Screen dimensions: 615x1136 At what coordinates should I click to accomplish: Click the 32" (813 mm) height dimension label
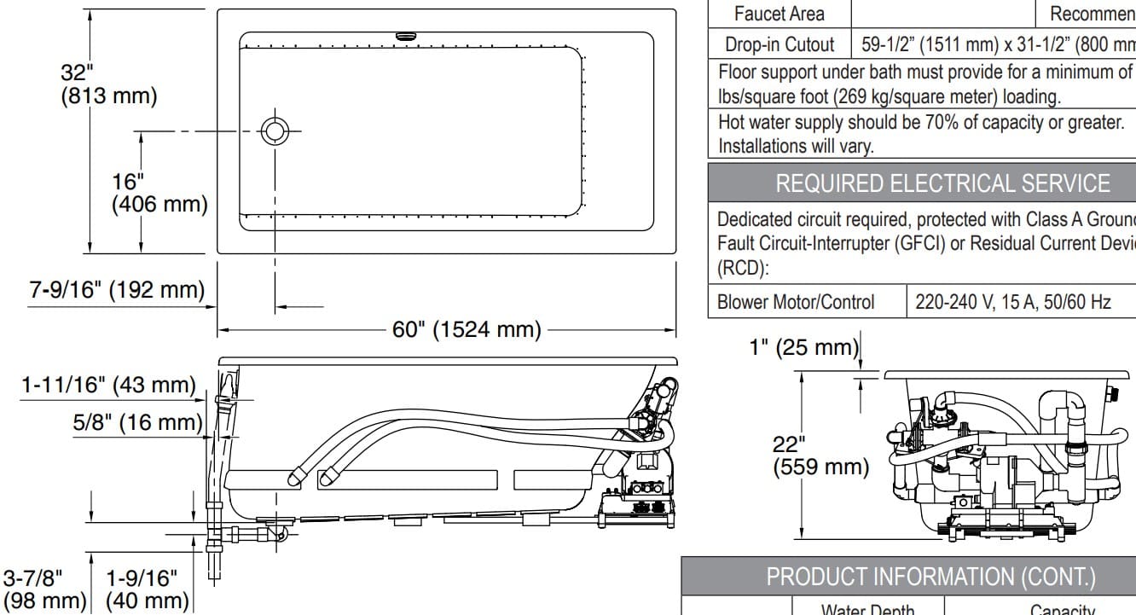(108, 84)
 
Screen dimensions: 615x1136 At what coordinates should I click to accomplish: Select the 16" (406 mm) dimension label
(159, 193)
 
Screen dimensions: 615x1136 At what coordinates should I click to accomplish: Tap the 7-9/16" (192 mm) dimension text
(117, 290)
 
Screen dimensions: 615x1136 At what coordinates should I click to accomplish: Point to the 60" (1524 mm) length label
(467, 329)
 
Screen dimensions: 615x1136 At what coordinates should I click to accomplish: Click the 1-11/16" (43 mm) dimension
(108, 386)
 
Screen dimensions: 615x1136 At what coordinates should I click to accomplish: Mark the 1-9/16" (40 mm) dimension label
(147, 589)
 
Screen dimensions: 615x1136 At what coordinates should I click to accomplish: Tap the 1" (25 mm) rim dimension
(803, 347)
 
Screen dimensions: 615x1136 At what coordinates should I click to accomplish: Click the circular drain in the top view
(275, 131)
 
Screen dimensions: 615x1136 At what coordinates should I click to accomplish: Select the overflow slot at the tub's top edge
(406, 37)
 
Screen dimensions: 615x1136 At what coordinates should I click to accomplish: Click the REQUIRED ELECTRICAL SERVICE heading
(942, 183)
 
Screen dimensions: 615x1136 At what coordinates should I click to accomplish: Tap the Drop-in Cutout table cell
(780, 44)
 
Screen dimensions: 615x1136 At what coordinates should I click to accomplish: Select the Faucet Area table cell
(780, 14)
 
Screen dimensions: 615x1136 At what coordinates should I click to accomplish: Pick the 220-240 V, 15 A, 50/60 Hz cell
(1012, 302)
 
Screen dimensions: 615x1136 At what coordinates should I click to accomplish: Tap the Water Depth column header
(867, 609)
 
